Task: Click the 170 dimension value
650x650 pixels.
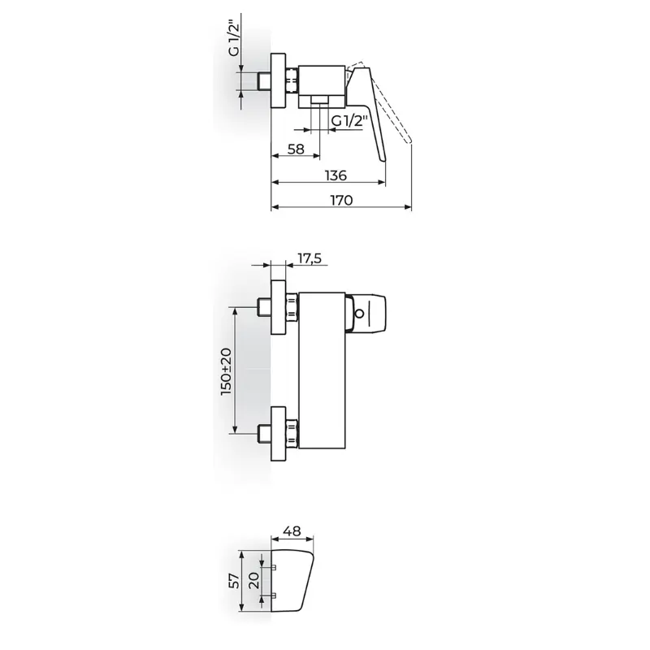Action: pyautogui.click(x=341, y=200)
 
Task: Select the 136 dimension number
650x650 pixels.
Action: pyautogui.click(x=336, y=175)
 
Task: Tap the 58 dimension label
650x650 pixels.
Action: pyautogui.click(x=296, y=149)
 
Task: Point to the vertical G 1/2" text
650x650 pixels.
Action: pyautogui.click(x=235, y=39)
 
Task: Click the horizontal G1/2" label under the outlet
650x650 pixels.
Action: pyautogui.click(x=350, y=121)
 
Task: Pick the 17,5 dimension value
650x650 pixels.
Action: pyautogui.click(x=310, y=258)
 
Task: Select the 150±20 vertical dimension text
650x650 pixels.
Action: pyautogui.click(x=227, y=371)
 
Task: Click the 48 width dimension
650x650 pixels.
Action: pyautogui.click(x=292, y=531)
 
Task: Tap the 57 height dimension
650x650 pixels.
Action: pyautogui.click(x=235, y=580)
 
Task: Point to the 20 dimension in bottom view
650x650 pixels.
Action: pyautogui.click(x=254, y=580)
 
